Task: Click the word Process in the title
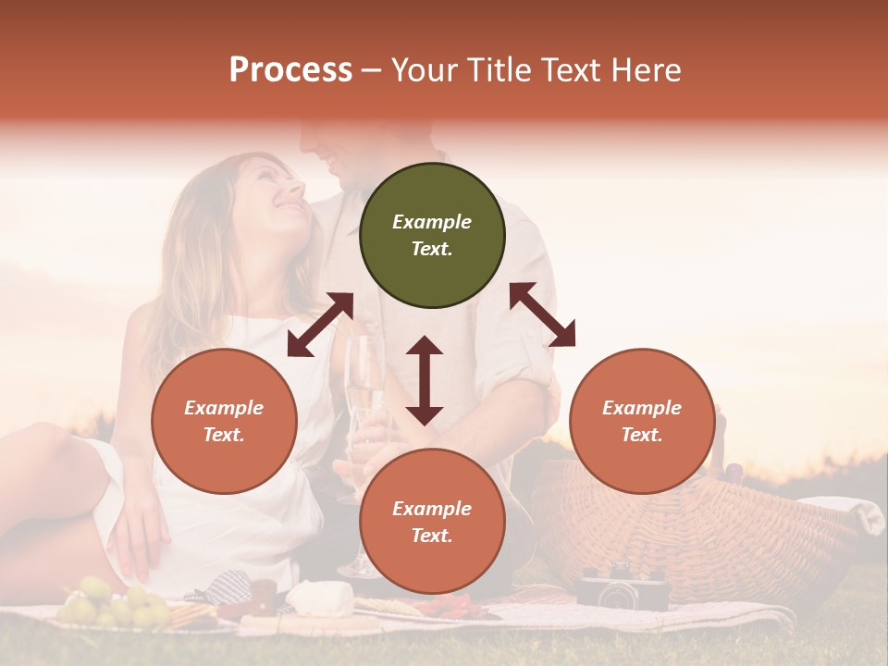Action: point(290,70)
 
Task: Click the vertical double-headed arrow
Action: point(425,380)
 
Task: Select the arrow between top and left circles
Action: point(320,325)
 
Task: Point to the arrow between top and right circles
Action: point(543,314)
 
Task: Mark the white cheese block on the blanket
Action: point(319,599)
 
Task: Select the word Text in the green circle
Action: point(432,249)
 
